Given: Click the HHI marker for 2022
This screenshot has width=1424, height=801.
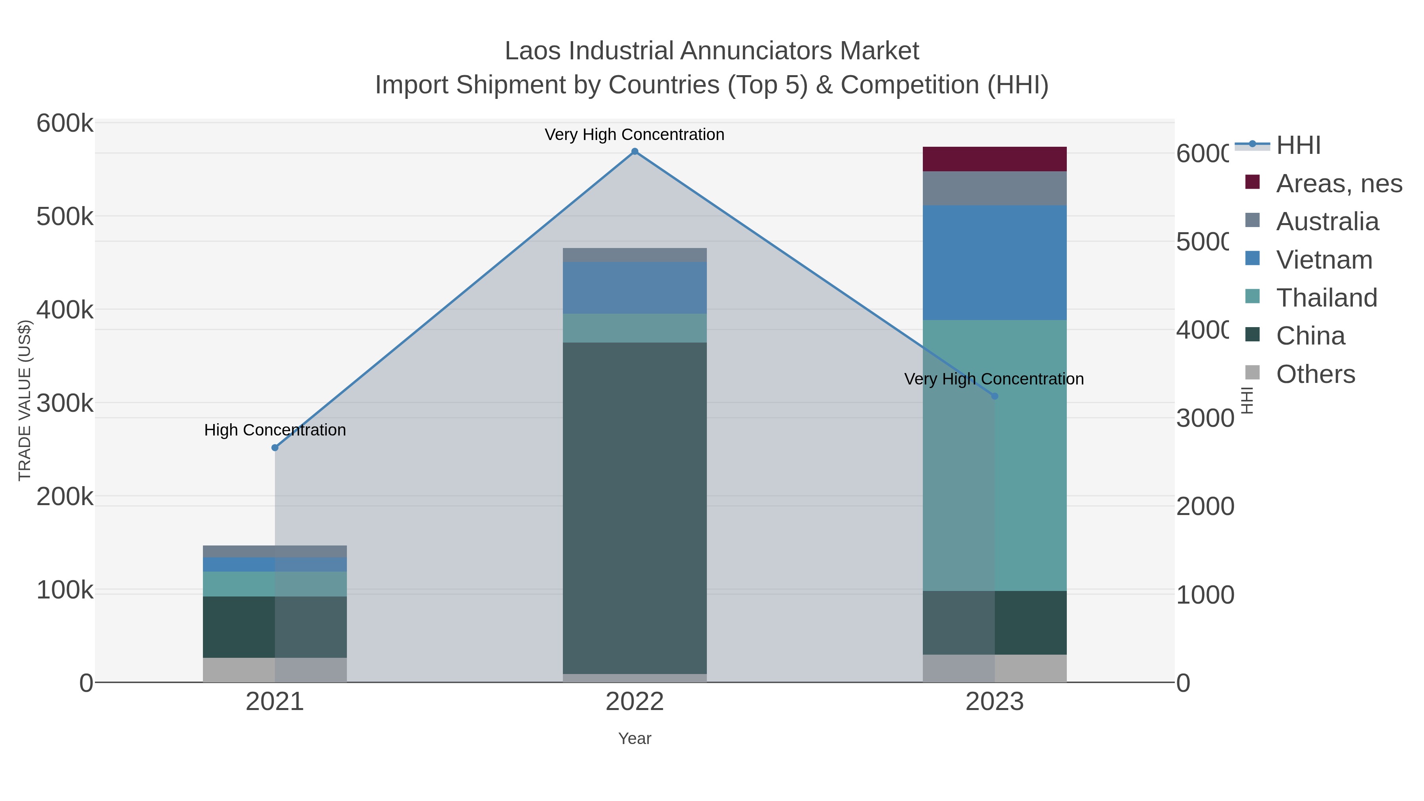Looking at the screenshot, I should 634,151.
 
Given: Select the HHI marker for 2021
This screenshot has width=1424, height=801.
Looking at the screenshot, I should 275,448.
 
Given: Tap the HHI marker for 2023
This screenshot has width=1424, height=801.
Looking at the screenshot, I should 994,396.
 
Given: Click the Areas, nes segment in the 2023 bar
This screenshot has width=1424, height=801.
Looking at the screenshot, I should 994,159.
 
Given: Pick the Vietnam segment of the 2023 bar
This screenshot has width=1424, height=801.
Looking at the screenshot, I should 994,263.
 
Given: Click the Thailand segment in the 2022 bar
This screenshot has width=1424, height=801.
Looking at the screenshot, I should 634,328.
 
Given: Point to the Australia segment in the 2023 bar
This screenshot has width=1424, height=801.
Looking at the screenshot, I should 994,189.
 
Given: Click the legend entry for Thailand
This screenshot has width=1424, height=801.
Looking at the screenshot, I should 1326,298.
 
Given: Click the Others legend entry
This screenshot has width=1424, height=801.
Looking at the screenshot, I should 1315,374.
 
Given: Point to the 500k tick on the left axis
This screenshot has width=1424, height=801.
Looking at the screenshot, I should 65,217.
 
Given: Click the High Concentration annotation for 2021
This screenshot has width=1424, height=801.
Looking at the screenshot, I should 275,430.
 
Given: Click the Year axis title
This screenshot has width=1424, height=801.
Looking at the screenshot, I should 634,739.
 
